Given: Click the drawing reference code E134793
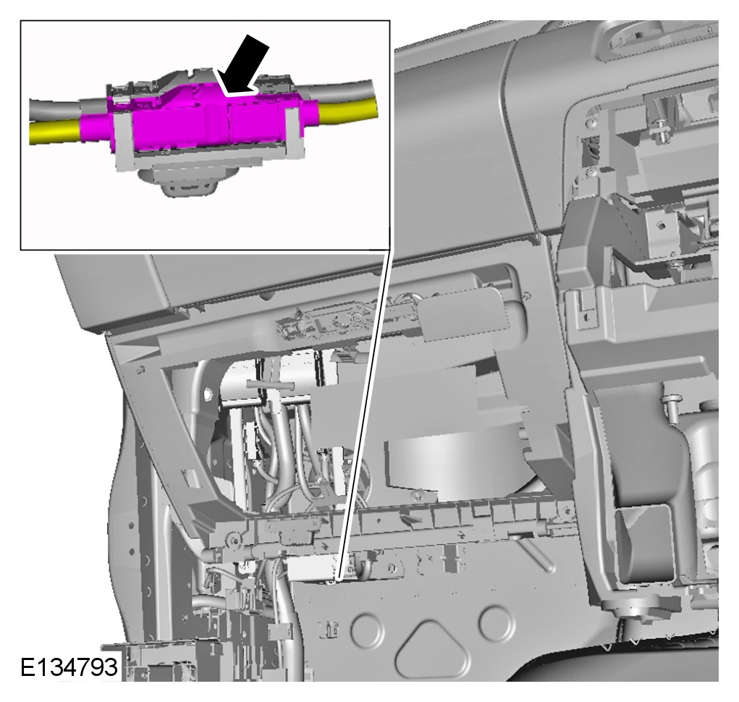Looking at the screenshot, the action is pyautogui.click(x=69, y=667).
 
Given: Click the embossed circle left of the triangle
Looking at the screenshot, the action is pyautogui.click(x=368, y=629).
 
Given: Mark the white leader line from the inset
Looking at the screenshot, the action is pyautogui.click(x=364, y=415).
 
